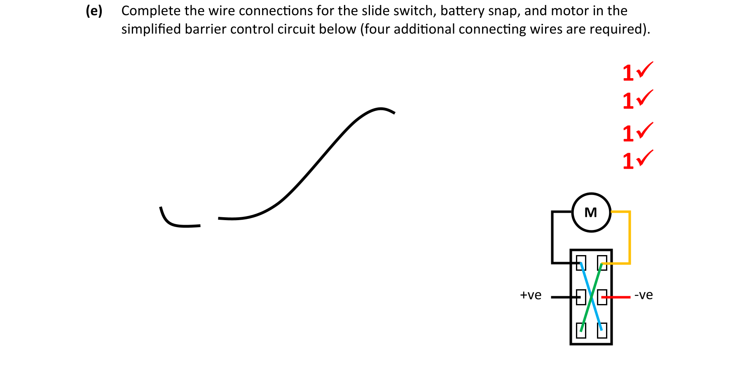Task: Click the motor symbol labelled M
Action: coord(591,212)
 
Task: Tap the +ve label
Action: coord(531,295)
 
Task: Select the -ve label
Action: coord(644,295)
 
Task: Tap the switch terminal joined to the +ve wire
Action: coord(581,297)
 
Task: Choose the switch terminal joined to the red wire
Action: coord(602,297)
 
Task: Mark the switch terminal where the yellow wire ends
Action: coord(602,262)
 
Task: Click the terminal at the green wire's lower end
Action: coord(581,330)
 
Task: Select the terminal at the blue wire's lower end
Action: coord(602,330)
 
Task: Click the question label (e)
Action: coord(94,11)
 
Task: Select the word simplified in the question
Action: coord(151,29)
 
